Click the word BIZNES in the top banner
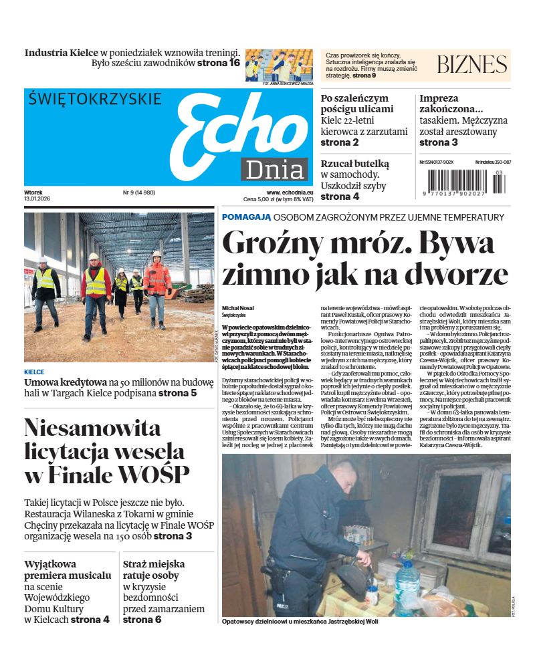pos(471,65)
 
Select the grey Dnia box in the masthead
pos(274,170)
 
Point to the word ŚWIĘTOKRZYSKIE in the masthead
pos(95,99)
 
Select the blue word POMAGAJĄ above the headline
pos(246,217)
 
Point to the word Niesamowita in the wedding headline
pos(92,428)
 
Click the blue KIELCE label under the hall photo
pos(34,372)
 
